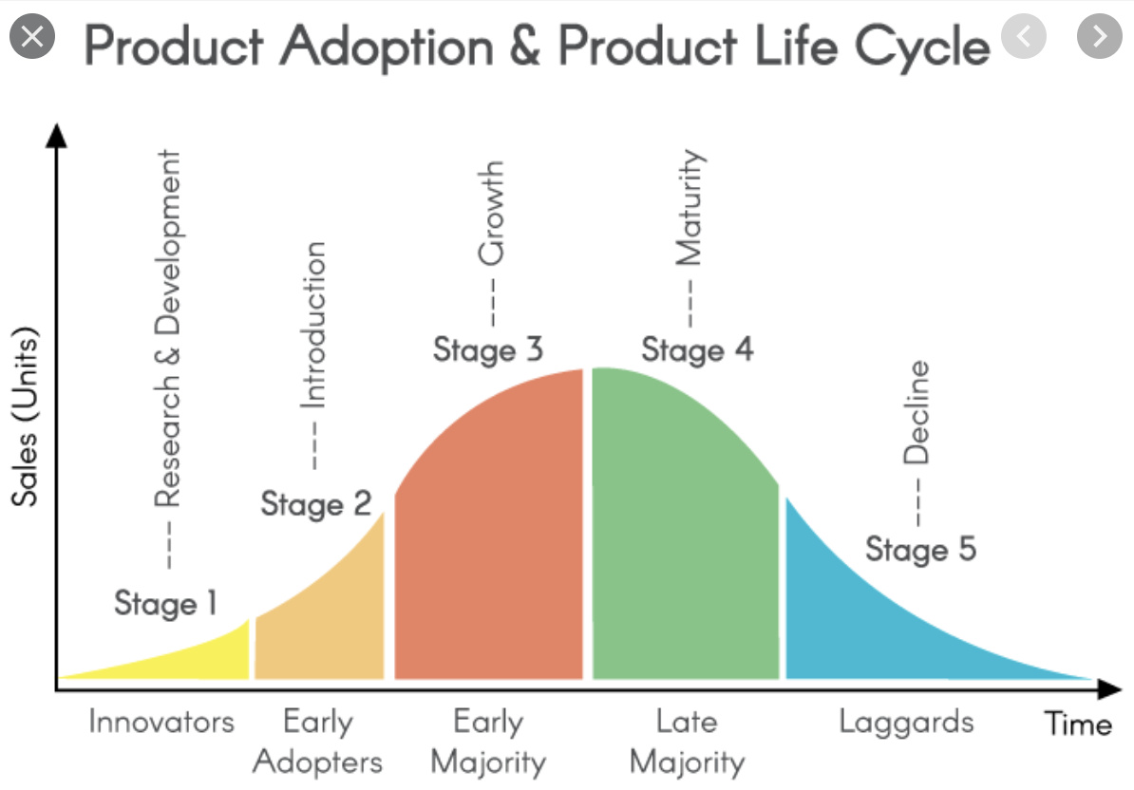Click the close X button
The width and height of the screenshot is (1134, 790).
pos(32,35)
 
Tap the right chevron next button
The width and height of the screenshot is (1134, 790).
pos(1099,35)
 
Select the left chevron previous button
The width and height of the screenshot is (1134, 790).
pos(1023,35)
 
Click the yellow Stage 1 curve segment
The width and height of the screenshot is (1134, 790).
pos(196,659)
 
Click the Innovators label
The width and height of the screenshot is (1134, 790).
pos(161,722)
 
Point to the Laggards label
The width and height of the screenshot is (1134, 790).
pos(906,723)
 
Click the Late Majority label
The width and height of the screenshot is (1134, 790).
pos(687,743)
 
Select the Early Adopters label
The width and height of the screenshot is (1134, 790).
pos(317,743)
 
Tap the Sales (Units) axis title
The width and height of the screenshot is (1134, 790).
pos(24,416)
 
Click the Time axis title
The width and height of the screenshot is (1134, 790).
pos(1078,724)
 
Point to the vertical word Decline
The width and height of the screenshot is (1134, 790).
pos(916,412)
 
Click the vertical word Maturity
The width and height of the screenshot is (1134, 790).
pos(689,207)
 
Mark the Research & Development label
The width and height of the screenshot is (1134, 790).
pos(168,329)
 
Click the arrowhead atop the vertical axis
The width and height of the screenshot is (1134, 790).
pos(56,135)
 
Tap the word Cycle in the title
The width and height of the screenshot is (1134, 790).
pos(922,47)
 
